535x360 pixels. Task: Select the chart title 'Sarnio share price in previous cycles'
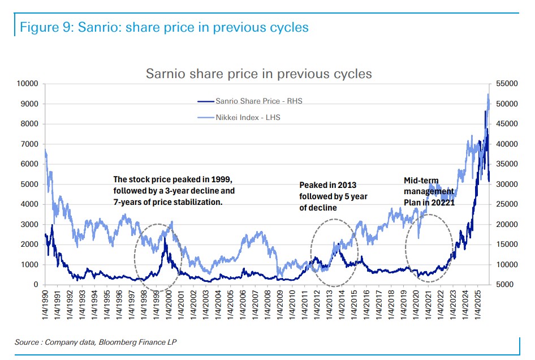[259, 74]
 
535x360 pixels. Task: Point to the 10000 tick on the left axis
[27, 84]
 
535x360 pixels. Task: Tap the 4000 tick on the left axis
[29, 204]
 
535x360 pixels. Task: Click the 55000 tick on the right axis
[506, 84]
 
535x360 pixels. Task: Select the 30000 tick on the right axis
[506, 185]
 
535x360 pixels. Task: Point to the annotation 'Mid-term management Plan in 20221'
[429, 191]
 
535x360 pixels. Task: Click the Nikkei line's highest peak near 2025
[488, 95]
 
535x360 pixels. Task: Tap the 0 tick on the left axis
[35, 285]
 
